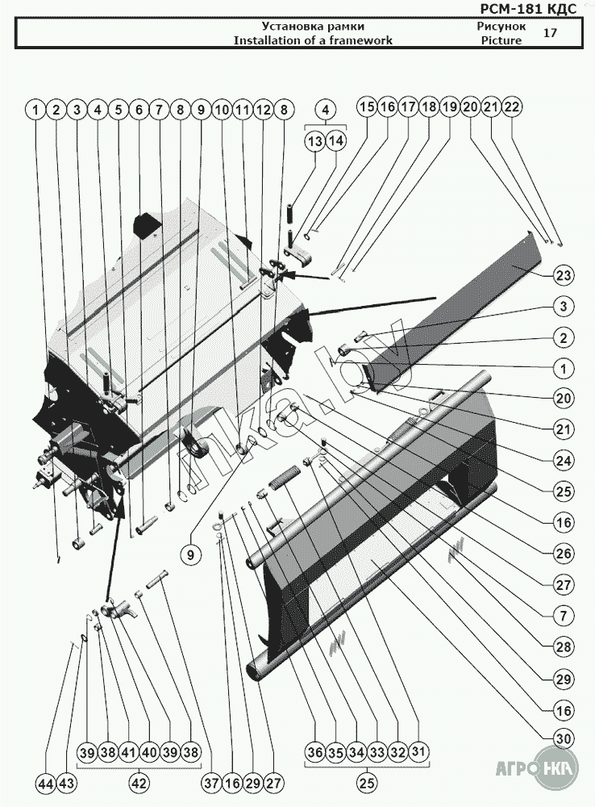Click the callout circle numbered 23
(x=563, y=276)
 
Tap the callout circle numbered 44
(x=46, y=784)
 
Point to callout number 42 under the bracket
(x=139, y=783)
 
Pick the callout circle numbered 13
(x=314, y=141)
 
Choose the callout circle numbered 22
(x=512, y=107)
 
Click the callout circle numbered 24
(x=563, y=461)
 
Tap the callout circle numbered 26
(x=563, y=553)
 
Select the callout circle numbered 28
(x=563, y=646)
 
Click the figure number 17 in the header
(x=550, y=33)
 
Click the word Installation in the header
(x=266, y=40)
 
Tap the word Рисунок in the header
(x=496, y=27)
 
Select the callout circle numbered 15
(x=368, y=107)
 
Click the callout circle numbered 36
(x=315, y=752)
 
